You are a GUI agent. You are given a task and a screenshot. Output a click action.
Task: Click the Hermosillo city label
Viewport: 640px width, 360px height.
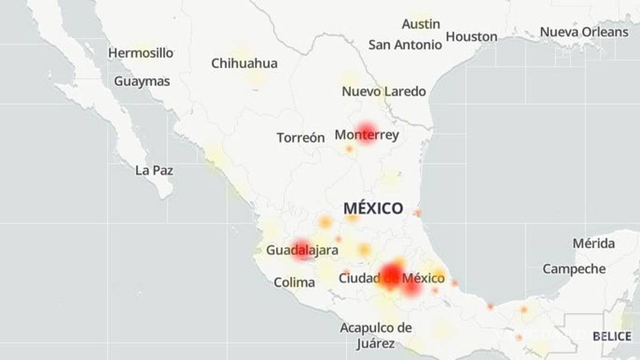[x=141, y=53]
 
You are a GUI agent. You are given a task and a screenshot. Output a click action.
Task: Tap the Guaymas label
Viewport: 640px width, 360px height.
[x=142, y=81]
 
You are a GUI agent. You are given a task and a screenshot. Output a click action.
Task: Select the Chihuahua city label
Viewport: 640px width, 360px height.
[x=244, y=63]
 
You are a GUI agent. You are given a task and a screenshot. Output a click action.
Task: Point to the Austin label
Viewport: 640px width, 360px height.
[x=421, y=24]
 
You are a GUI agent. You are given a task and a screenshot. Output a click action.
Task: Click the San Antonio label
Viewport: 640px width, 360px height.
[x=405, y=45]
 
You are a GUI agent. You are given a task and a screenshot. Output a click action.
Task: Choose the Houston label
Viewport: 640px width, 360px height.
[x=472, y=37]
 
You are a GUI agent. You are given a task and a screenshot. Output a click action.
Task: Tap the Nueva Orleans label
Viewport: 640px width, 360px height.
[x=584, y=32]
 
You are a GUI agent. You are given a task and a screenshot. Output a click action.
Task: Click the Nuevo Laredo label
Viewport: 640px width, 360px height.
[x=383, y=91]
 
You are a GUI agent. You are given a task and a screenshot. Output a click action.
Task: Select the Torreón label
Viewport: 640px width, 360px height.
[x=301, y=138]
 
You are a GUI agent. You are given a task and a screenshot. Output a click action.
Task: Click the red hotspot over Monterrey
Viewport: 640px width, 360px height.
[x=366, y=132]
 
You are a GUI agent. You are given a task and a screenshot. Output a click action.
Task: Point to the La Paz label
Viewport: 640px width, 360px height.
[x=154, y=171]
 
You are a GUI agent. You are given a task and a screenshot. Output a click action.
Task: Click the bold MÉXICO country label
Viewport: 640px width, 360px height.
[x=373, y=208]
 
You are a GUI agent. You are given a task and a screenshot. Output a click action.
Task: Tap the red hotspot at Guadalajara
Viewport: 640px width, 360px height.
[x=302, y=249]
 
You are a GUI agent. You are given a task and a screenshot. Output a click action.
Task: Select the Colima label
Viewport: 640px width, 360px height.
[x=294, y=282]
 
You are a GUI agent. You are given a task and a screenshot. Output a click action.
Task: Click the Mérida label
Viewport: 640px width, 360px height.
[x=593, y=243]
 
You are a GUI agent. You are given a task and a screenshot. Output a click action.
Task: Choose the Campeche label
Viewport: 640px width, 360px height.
[x=574, y=269]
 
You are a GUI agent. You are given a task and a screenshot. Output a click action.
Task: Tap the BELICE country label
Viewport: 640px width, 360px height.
[x=612, y=336]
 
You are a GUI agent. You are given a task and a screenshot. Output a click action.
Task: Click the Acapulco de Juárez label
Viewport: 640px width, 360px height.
[x=376, y=336]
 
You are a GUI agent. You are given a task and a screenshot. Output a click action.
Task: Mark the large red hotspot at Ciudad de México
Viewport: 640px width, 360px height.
[x=392, y=273]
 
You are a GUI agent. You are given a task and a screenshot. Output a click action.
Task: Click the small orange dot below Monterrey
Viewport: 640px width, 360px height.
[x=349, y=149]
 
